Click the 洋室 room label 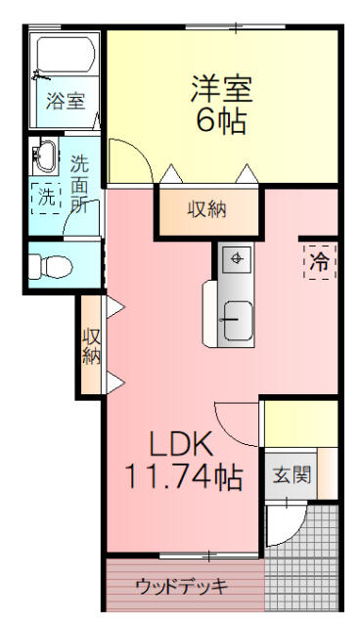221,88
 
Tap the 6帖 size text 221,121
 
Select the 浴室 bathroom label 66,100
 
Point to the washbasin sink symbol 45,156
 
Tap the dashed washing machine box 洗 46,196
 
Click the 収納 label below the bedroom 209,209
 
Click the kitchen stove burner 236,259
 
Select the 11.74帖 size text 183,478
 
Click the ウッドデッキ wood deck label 182,588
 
